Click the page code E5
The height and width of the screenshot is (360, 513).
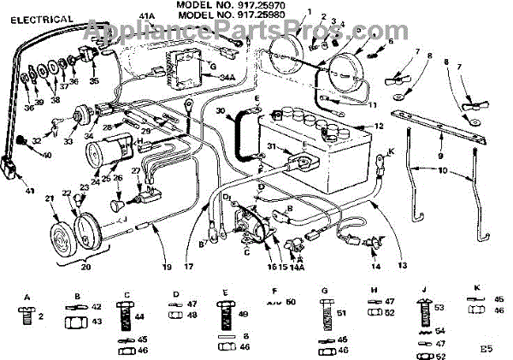pyautogui.click(x=486, y=349)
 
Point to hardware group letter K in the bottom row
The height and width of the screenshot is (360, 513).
pyautogui.click(x=475, y=288)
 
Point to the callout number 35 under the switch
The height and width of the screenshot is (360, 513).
pyautogui.click(x=94, y=81)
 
